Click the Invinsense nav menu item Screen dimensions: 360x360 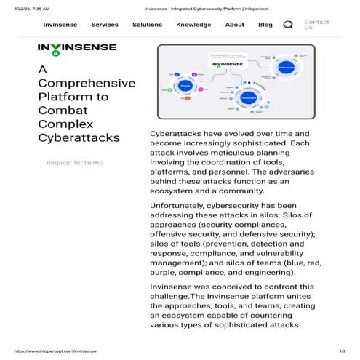click(60, 25)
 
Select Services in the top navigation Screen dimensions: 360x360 click(105, 25)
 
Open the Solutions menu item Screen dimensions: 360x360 click(147, 25)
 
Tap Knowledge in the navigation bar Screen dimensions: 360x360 click(193, 25)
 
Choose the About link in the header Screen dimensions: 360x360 click(235, 25)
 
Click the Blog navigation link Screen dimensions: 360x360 click(265, 25)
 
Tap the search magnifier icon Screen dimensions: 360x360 click(288, 25)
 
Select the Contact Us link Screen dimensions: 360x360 click(316, 25)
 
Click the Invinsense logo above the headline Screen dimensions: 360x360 click(77, 49)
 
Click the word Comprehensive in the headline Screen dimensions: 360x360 click(87, 83)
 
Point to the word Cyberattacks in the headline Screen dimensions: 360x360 click(79, 137)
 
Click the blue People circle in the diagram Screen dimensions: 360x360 click(185, 86)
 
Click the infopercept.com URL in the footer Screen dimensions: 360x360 click(51, 352)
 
